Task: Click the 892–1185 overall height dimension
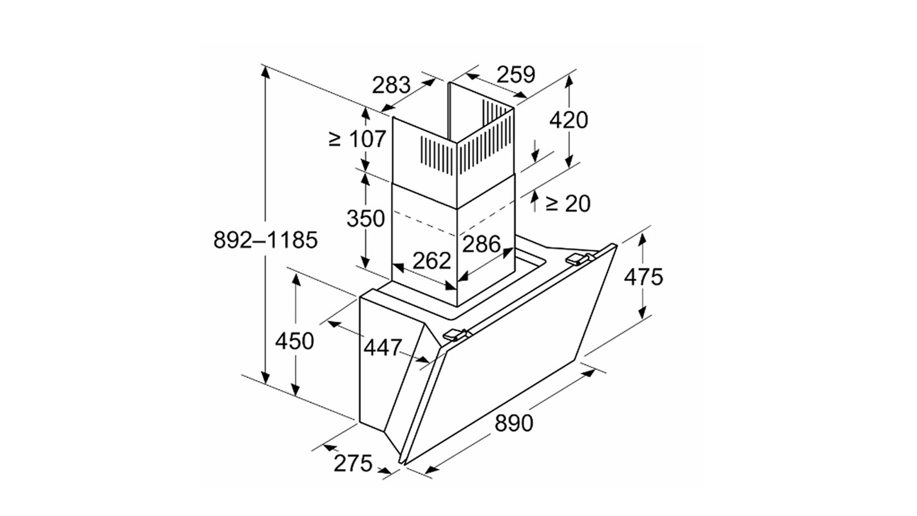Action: (x=265, y=240)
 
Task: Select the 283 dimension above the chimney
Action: (x=391, y=85)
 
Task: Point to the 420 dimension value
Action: (x=569, y=120)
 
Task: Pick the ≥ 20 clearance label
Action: (x=567, y=204)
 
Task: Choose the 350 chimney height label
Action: (x=365, y=219)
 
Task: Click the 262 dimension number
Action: (x=431, y=260)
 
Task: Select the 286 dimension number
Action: (x=481, y=244)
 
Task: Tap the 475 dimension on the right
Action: (x=643, y=276)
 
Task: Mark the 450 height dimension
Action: (x=294, y=340)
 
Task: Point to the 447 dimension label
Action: (x=383, y=348)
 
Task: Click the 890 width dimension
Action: (x=514, y=423)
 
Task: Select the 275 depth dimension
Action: (x=353, y=463)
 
